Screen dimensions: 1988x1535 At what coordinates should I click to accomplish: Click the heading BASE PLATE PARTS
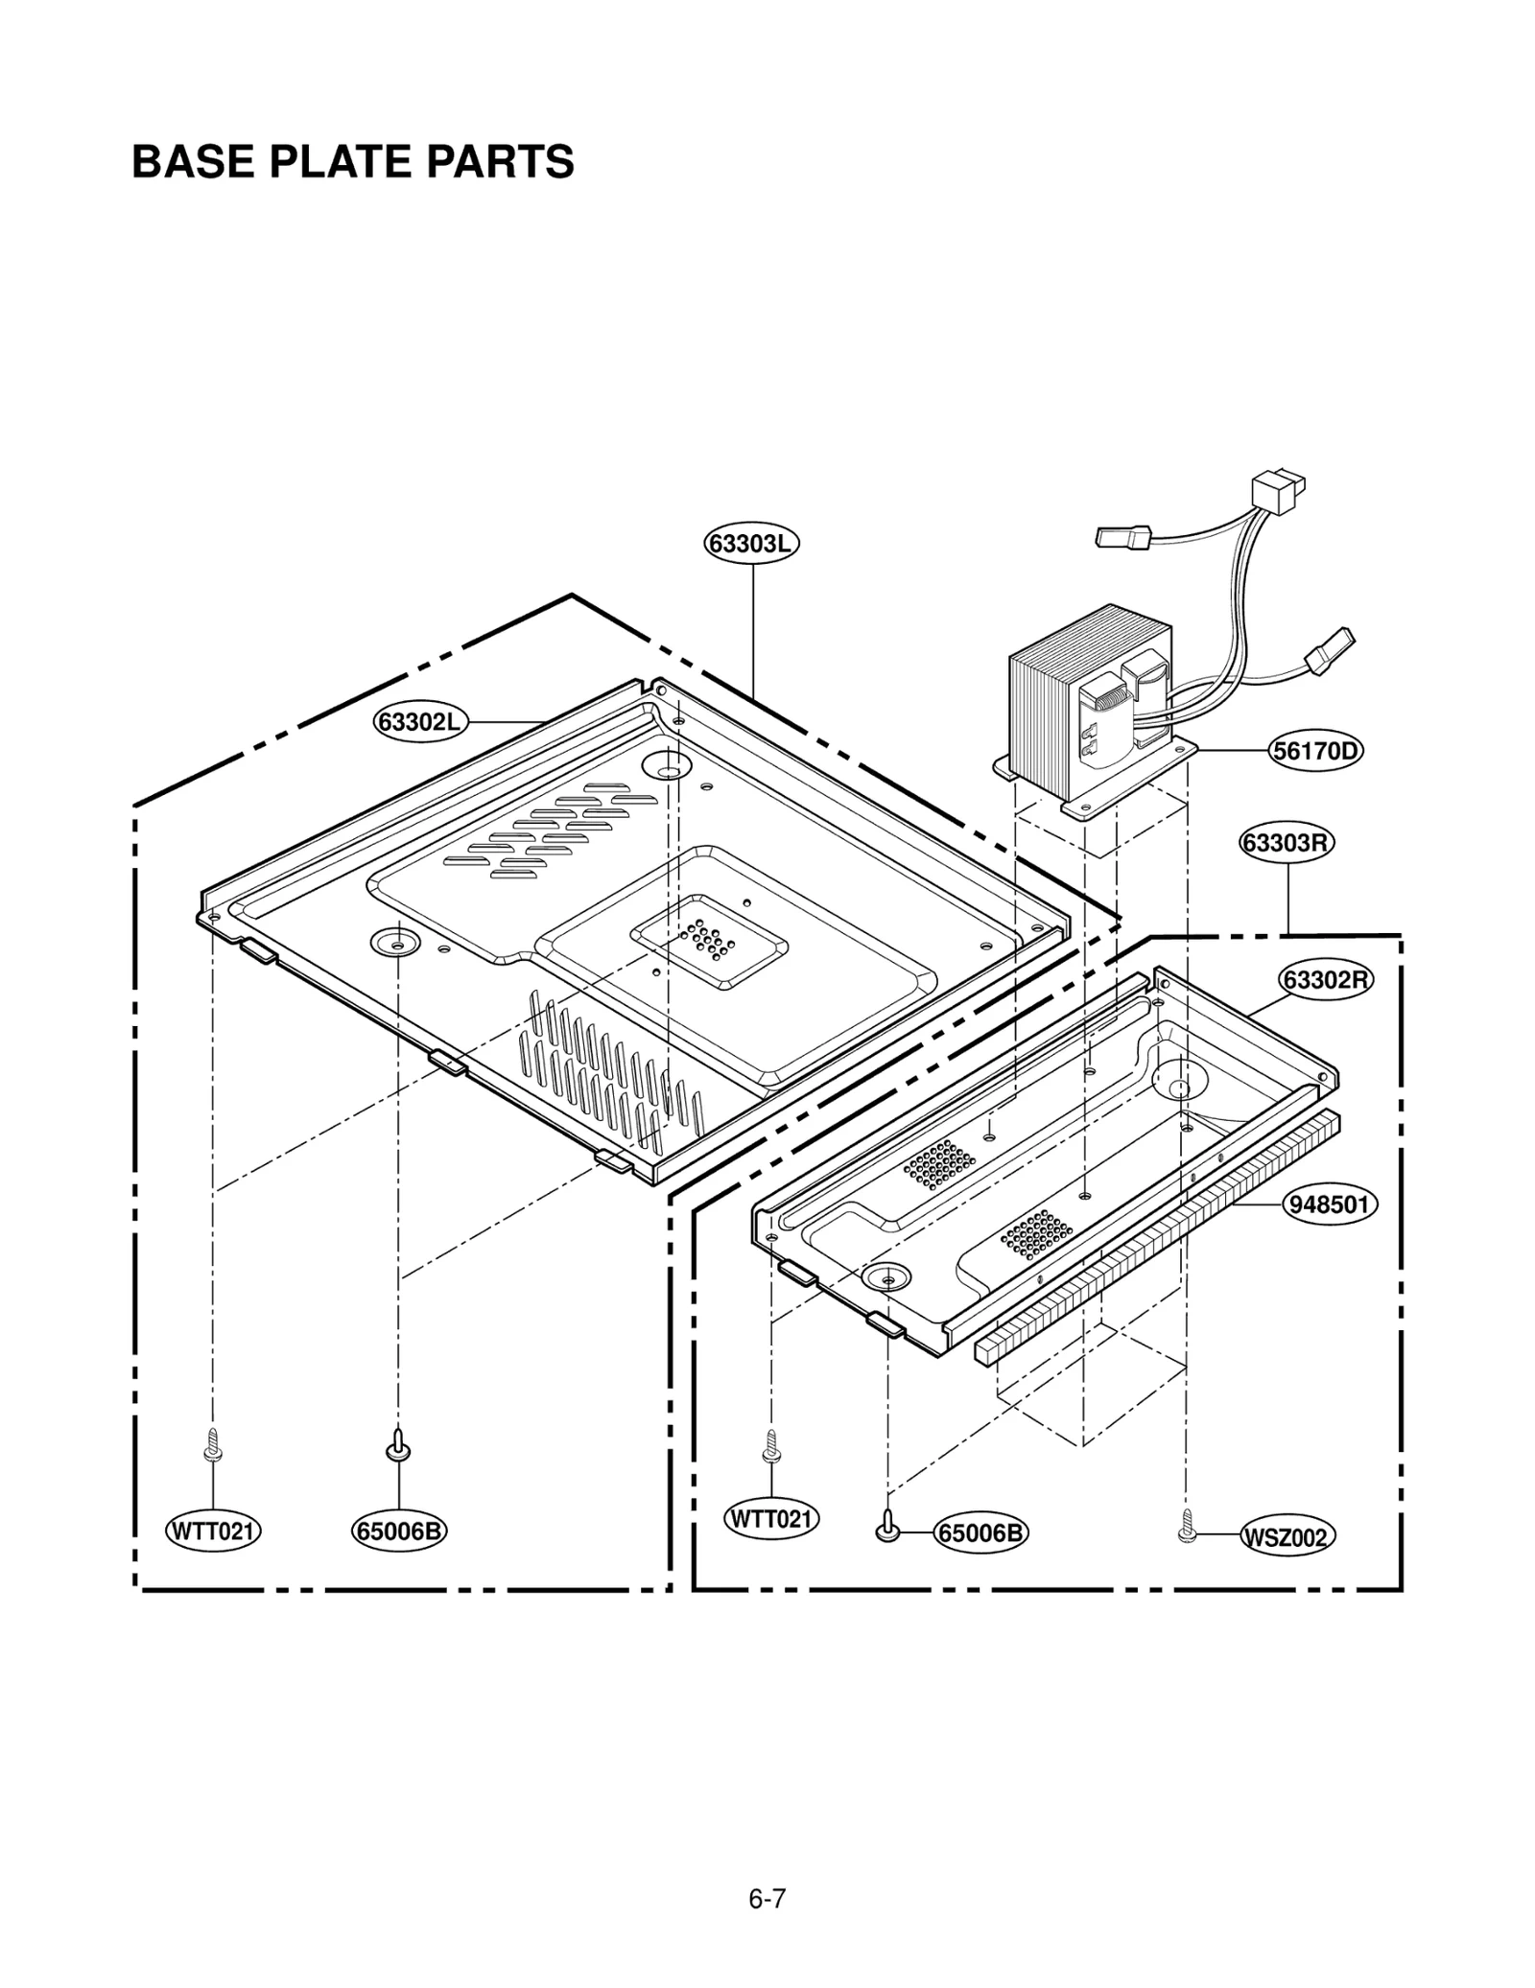point(352,162)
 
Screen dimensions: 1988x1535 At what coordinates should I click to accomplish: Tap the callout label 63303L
point(753,544)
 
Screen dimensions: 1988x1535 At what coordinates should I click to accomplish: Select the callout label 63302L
point(420,721)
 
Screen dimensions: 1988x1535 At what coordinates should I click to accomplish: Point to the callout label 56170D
point(1315,750)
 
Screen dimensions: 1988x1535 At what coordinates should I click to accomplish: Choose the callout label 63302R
point(1328,980)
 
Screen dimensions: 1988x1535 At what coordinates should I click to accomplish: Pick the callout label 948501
point(1330,1204)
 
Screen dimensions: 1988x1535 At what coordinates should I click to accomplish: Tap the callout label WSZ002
point(1286,1538)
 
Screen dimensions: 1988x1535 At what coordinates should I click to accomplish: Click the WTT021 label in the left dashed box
point(213,1531)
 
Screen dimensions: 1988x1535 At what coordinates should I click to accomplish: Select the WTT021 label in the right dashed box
point(771,1519)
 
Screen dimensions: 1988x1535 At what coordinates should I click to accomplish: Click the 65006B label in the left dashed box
point(399,1531)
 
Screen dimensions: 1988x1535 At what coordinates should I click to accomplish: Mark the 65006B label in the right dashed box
point(980,1533)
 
